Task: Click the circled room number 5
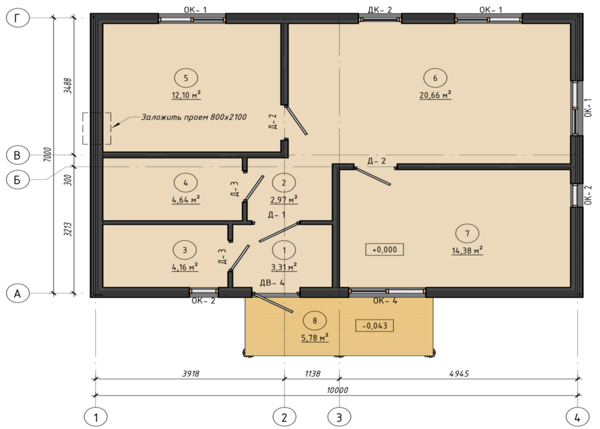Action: click(x=186, y=78)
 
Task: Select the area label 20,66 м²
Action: click(x=435, y=95)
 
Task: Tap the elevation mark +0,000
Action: click(x=384, y=249)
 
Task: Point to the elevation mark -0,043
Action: click(x=374, y=326)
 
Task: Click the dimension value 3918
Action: click(x=191, y=373)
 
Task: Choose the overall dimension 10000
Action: click(x=337, y=390)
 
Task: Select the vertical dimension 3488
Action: click(x=68, y=86)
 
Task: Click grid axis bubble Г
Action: click(x=17, y=17)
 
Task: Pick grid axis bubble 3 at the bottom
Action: click(x=339, y=417)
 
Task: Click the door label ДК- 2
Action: click(x=380, y=10)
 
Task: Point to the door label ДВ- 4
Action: click(x=272, y=283)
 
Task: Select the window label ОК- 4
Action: click(x=385, y=301)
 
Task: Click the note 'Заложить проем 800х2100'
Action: click(x=194, y=117)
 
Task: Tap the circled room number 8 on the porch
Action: click(x=314, y=321)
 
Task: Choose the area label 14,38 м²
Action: click(x=467, y=250)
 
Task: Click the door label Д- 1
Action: click(x=276, y=214)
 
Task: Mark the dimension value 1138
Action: click(x=312, y=373)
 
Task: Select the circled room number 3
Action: click(x=185, y=250)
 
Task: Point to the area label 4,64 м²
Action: click(x=185, y=200)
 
